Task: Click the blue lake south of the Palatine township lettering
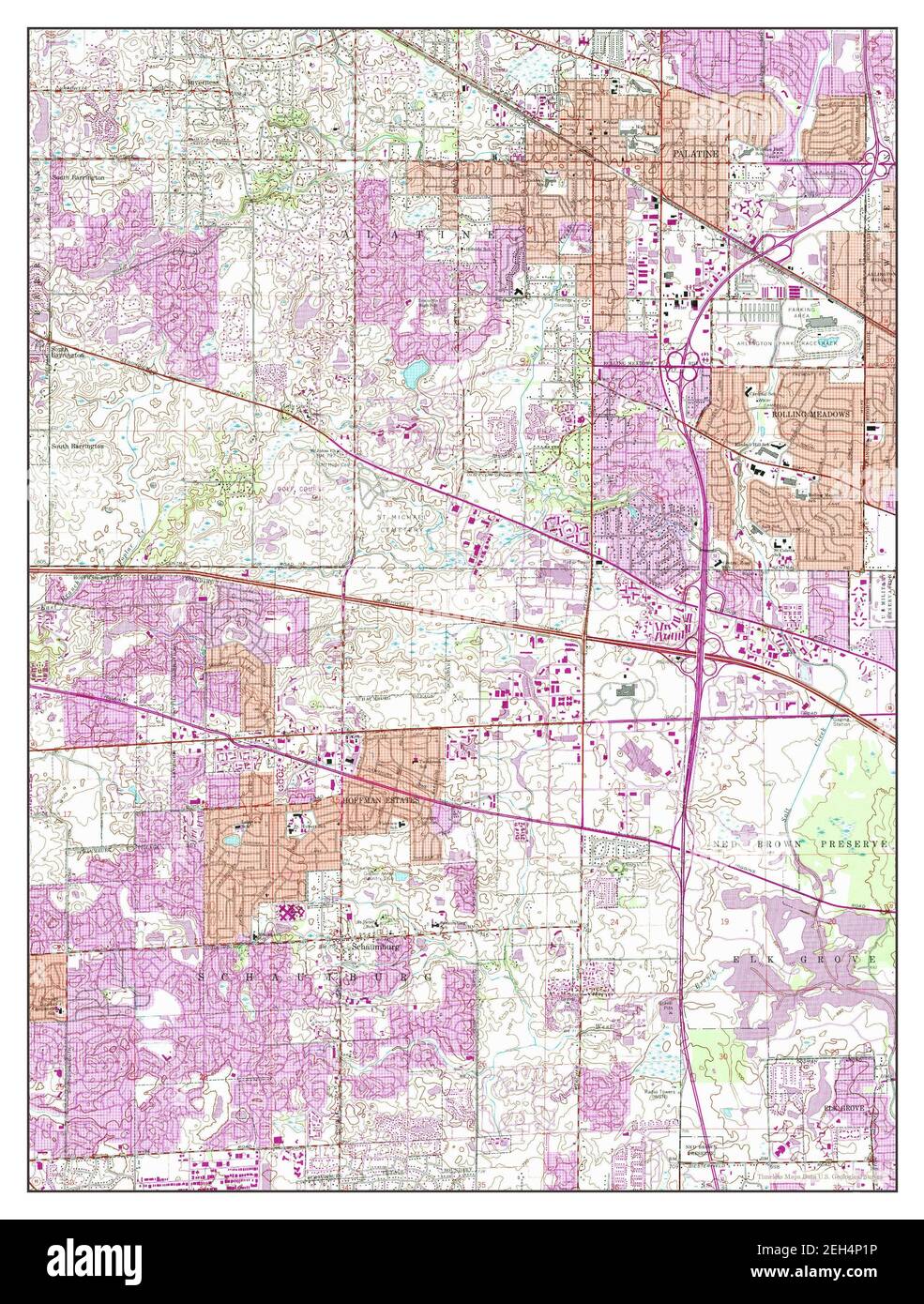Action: click(414, 376)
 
